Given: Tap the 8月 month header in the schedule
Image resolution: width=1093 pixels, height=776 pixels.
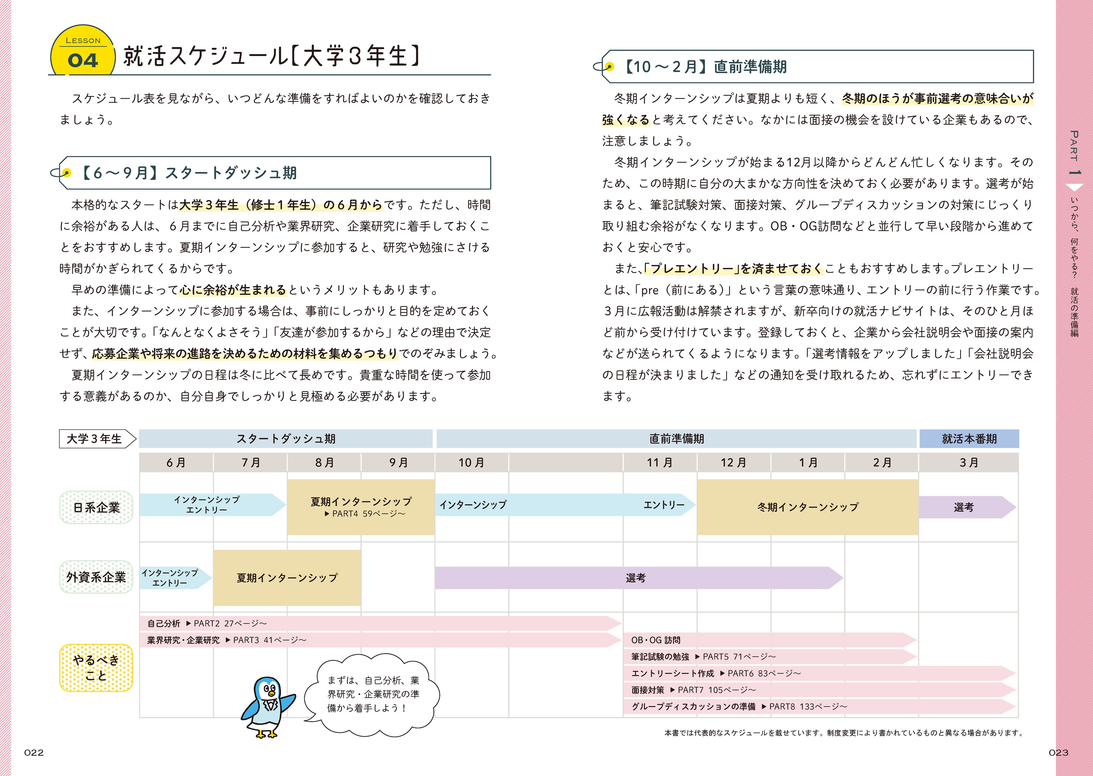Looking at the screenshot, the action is tap(324, 462).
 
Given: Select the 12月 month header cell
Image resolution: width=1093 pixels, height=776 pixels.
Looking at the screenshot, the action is tap(733, 462).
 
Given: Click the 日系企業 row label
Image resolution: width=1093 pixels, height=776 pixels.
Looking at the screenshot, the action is tap(96, 507).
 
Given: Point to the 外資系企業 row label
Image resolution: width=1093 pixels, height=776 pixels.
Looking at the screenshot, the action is tap(96, 577).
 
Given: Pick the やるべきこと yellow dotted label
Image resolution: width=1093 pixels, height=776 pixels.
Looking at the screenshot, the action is tap(96, 667).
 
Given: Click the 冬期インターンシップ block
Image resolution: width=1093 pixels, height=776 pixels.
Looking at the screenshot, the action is tap(807, 507).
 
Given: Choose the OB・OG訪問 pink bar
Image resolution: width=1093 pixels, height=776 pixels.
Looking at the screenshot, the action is tap(769, 640).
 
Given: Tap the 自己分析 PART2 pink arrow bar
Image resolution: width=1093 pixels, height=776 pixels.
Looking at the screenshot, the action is tap(380, 623).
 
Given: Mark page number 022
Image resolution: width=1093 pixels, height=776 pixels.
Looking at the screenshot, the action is tap(34, 753).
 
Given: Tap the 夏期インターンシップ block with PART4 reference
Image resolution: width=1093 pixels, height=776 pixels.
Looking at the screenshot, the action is tap(361, 507).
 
